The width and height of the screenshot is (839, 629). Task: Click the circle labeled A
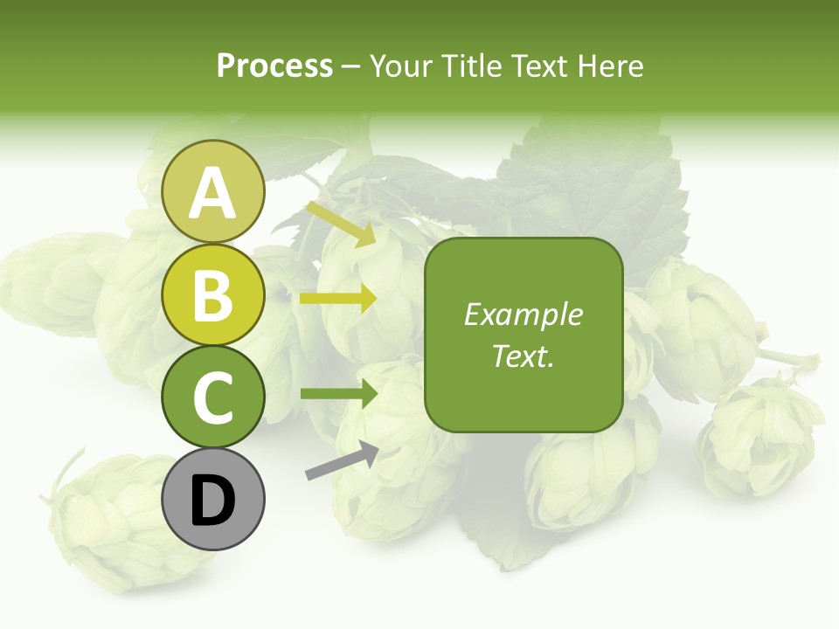coord(213,191)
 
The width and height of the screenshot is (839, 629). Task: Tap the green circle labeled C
coord(213,397)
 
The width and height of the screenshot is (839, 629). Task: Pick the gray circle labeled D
coord(213,499)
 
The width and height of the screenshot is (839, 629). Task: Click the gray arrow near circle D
coord(342,461)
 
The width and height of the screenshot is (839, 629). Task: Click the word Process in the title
coord(274,66)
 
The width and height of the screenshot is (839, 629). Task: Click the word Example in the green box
coord(523,314)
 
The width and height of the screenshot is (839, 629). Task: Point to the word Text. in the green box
coord(523,356)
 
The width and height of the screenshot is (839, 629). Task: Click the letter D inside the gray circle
coord(213,501)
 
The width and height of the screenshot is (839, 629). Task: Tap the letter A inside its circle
coord(213,193)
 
